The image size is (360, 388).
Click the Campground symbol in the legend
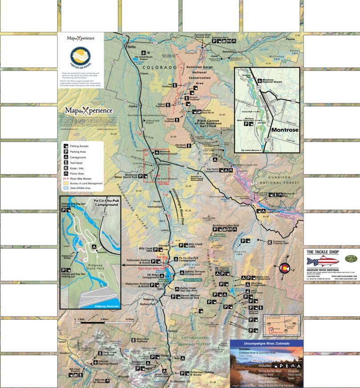(66, 157)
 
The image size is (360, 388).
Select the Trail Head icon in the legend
(66, 163)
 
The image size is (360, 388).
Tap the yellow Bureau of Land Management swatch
(66, 183)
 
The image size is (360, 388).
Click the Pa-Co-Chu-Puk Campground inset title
(106, 203)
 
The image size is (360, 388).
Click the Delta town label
(131, 47)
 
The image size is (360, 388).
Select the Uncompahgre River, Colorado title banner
(266, 344)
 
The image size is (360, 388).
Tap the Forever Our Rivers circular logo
(80, 56)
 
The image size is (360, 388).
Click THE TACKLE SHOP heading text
(323, 252)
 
